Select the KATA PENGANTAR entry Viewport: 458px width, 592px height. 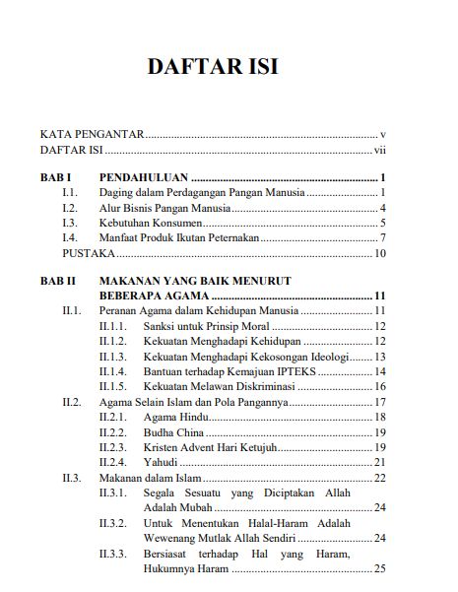(93, 133)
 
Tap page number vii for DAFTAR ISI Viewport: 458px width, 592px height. (379, 151)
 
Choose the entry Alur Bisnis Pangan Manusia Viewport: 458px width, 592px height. (165, 209)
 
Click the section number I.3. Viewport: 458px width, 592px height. (70, 224)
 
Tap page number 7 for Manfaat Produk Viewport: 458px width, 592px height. (382, 238)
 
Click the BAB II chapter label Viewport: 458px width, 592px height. (59, 281)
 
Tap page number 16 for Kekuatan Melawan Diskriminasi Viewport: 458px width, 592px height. (379, 386)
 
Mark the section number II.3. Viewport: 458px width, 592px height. (71, 478)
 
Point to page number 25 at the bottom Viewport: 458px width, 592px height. (379, 568)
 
